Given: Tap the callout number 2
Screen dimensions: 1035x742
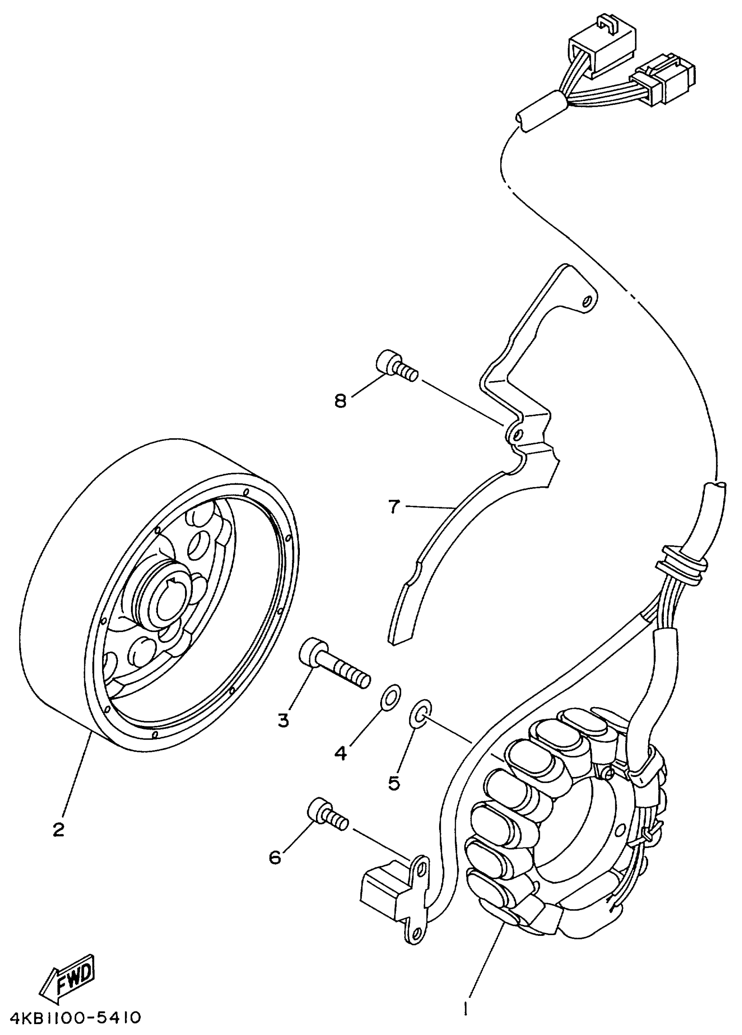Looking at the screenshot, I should tap(58, 830).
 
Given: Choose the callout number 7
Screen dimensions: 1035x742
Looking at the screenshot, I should tap(394, 506).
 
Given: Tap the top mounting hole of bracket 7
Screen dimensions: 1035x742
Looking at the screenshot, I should tap(588, 301).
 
